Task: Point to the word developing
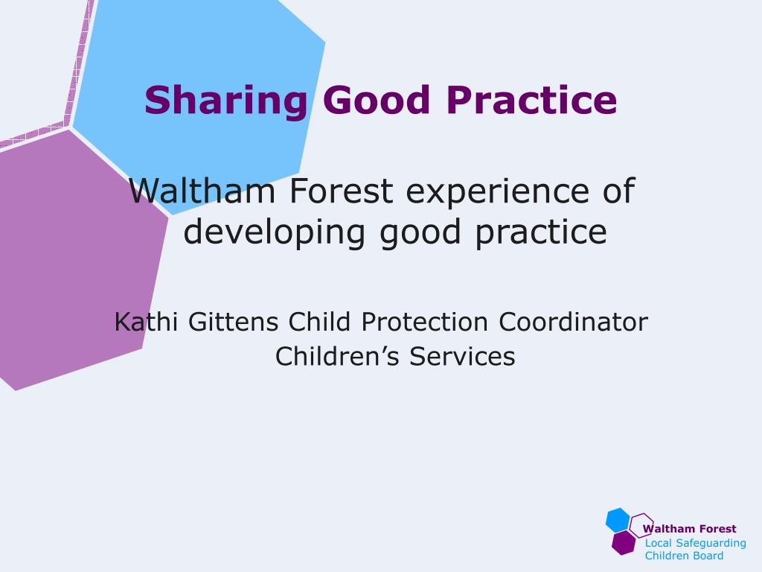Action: (x=275, y=232)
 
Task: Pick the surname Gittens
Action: (x=234, y=322)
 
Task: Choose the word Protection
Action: (x=425, y=322)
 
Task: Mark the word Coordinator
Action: (x=573, y=322)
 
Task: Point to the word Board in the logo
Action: (x=709, y=556)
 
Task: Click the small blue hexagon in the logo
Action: (x=618, y=520)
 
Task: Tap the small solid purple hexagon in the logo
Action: (x=624, y=543)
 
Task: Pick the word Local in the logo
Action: (x=658, y=542)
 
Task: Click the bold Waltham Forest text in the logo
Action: (x=690, y=529)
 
